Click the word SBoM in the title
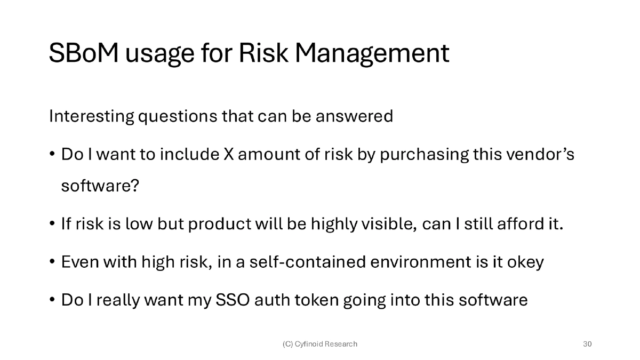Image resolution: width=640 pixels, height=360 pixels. point(84,53)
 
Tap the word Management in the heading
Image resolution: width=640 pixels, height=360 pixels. point(372,54)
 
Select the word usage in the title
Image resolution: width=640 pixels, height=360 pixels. point(160,55)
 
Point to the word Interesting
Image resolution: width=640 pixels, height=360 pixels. point(92,116)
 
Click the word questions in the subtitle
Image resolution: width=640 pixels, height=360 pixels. point(178,117)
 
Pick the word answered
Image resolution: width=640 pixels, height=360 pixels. point(354,116)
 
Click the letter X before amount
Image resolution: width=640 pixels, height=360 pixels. point(229,154)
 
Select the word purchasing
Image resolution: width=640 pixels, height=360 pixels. point(425,155)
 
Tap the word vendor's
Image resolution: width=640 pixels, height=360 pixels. point(540,154)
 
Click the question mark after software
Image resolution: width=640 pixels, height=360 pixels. point(134,186)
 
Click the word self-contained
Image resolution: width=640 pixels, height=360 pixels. point(308,262)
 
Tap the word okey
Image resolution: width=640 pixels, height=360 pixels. point(525,262)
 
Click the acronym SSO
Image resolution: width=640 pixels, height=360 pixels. point(233,300)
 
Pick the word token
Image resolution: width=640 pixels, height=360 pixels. point(317,300)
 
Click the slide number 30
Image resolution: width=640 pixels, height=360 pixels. point(587,344)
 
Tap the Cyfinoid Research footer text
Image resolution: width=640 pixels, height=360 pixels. point(320,344)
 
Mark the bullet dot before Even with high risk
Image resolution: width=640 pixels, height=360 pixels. point(52,262)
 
